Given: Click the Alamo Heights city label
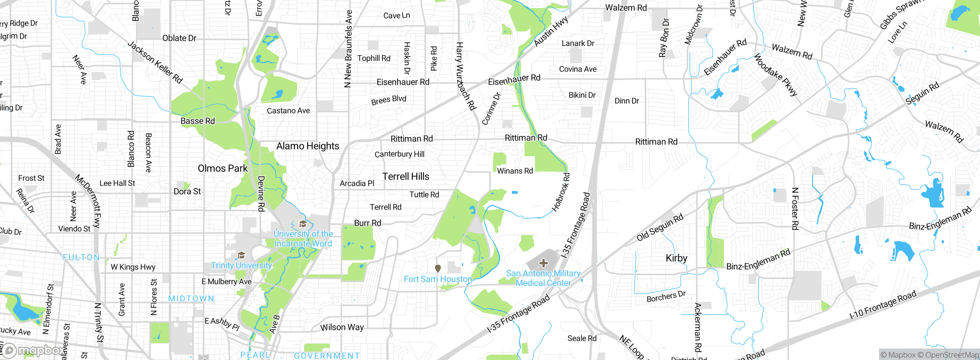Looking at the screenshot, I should [307, 146].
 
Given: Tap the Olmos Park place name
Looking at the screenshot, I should [222, 169].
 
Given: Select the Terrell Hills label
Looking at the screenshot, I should [406, 177].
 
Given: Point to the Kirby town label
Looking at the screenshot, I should [676, 258].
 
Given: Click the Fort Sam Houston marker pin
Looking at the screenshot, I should [438, 268].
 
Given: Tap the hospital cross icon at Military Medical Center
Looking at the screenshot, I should [543, 263].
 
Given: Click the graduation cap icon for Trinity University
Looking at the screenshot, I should [241, 255].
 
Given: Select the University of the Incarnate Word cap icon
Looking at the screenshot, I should [303, 224].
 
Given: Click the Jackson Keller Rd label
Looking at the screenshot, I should [155, 62].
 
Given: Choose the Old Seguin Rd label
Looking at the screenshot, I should [660, 227].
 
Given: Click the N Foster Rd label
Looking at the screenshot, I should [795, 209].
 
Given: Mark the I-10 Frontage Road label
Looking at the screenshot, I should [882, 305].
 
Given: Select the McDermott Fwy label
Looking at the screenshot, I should [88, 201].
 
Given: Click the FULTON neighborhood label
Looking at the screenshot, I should [81, 257].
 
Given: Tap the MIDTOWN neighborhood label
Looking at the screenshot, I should [191, 299].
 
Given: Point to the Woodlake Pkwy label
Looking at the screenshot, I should [776, 75].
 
